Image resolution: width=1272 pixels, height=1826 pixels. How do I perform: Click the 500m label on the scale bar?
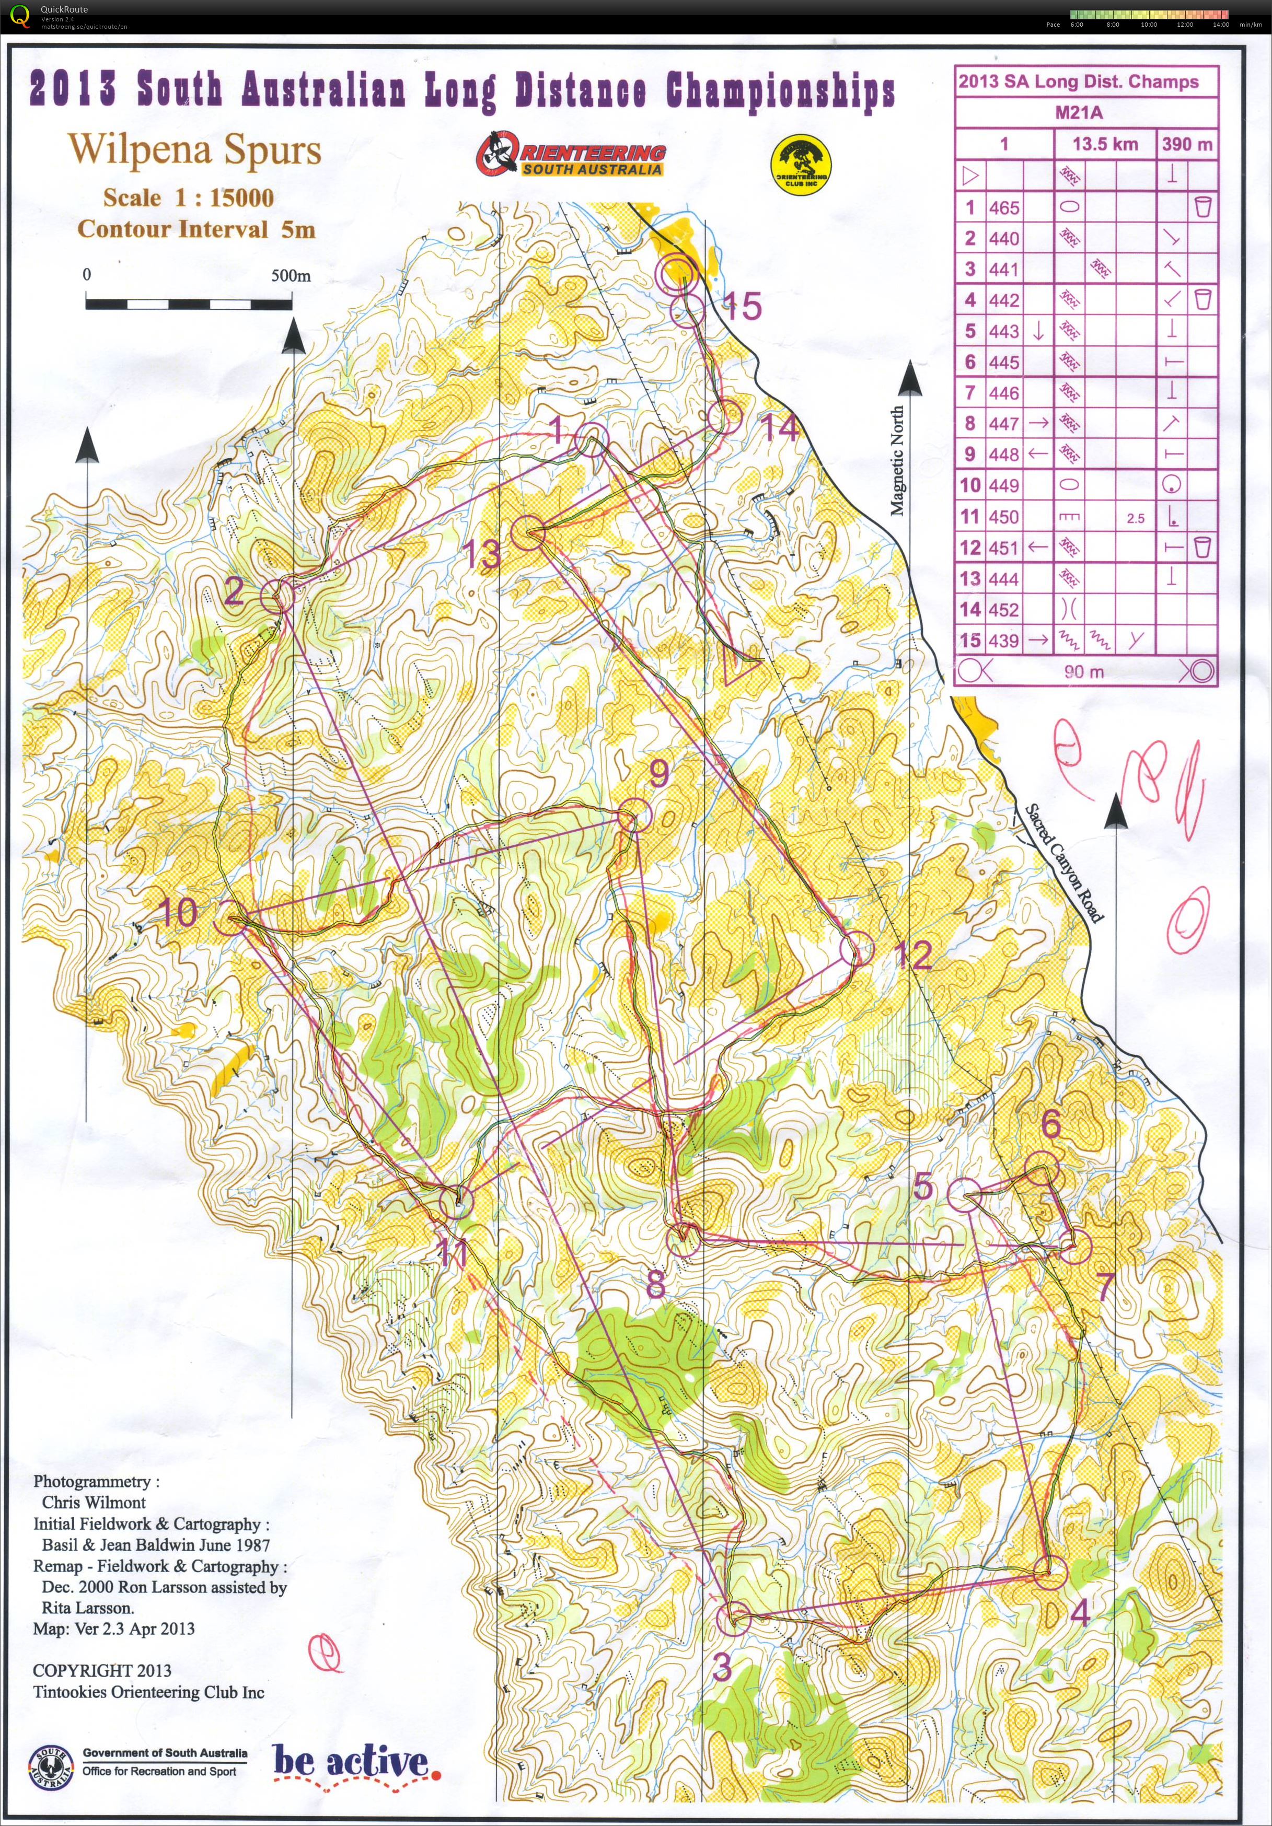point(291,276)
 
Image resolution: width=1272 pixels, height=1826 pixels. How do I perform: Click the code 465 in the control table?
point(1004,207)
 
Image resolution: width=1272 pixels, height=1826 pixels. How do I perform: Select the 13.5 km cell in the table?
point(1105,145)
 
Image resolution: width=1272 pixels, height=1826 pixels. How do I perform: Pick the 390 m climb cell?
point(1186,145)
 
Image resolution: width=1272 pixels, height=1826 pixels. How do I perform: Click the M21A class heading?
point(1078,113)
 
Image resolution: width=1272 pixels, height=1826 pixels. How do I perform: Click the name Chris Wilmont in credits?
point(94,1502)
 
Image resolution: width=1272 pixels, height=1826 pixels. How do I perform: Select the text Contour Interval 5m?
point(195,230)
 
